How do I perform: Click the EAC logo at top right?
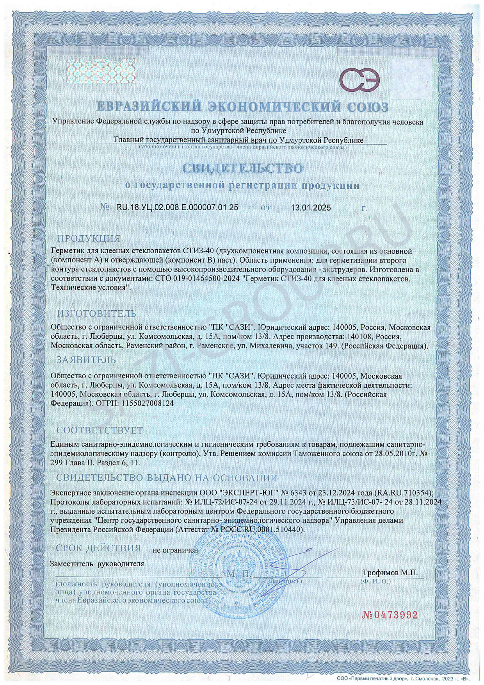tap(359, 80)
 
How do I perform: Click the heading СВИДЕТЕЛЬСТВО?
tap(242, 168)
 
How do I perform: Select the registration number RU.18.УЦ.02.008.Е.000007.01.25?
tap(177, 207)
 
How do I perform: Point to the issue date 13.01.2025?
tap(311, 207)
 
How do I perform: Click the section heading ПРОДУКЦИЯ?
tap(89, 238)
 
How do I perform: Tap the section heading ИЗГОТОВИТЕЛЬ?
tap(96, 313)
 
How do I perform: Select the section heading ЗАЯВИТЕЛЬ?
tap(86, 359)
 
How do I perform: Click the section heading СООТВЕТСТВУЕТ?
tap(100, 430)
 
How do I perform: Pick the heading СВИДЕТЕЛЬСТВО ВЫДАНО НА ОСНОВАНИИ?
tap(167, 478)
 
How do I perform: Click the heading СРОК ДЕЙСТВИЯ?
tap(98, 548)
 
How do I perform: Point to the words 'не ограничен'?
tap(176, 550)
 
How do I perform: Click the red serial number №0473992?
tap(390, 615)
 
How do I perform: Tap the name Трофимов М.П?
tap(390, 573)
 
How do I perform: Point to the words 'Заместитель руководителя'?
tap(97, 564)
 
